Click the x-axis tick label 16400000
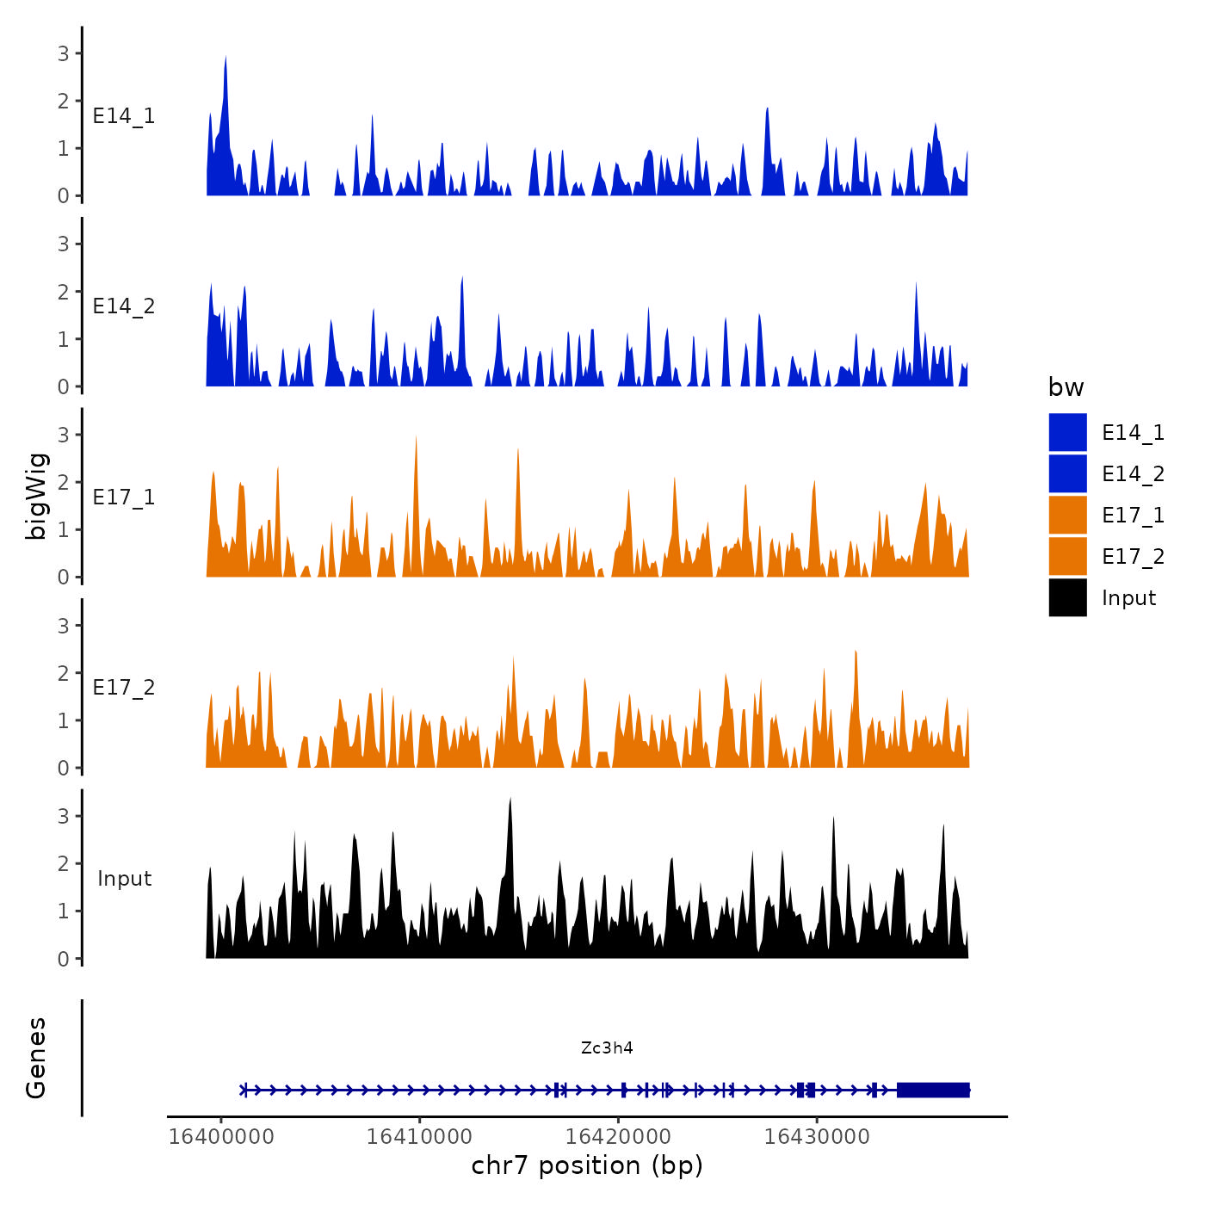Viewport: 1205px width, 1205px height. pyautogui.click(x=221, y=1136)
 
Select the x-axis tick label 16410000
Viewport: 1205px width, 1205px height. pyautogui.click(x=420, y=1136)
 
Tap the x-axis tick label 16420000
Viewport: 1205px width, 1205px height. pyautogui.click(x=619, y=1136)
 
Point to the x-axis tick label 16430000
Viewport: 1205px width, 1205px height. pyautogui.click(x=818, y=1136)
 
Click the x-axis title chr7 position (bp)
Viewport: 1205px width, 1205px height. pyautogui.click(x=587, y=1165)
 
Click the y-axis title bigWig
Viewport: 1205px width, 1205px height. pyautogui.click(x=37, y=496)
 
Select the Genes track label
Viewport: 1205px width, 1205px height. pyautogui.click(x=36, y=1058)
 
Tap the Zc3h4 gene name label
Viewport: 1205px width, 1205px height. pyautogui.click(x=607, y=1047)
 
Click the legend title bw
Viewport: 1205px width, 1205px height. pyautogui.click(x=1066, y=387)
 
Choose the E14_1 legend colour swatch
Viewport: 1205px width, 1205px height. pyautogui.click(x=1067, y=432)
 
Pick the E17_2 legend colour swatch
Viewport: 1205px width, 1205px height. pyautogui.click(x=1067, y=556)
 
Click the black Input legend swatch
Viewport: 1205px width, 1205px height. pyautogui.click(x=1067, y=597)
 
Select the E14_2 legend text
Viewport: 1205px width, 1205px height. pyautogui.click(x=1133, y=473)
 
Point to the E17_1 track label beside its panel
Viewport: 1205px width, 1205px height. pyautogui.click(x=124, y=497)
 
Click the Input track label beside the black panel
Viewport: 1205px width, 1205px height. pyautogui.click(x=124, y=879)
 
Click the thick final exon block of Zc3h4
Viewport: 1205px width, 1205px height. pyautogui.click(x=933, y=1090)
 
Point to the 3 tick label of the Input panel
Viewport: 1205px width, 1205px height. pyautogui.click(x=64, y=816)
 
